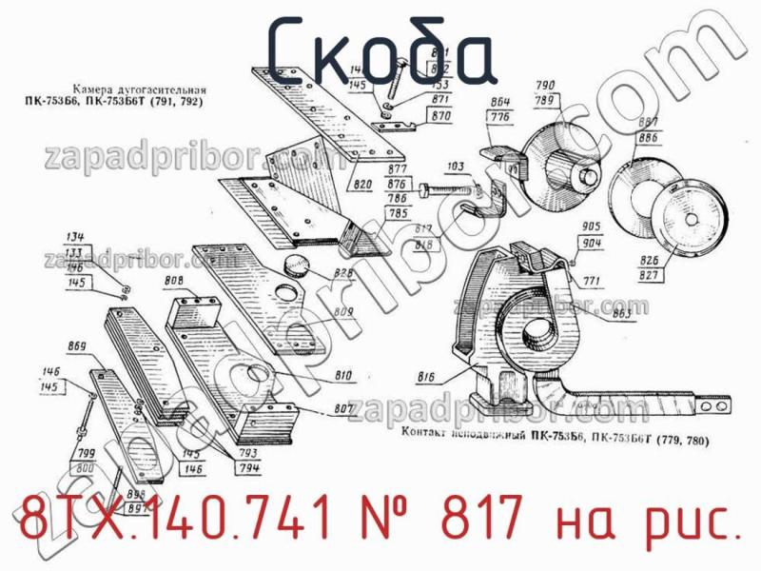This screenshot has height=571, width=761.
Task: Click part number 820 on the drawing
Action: pyautogui.click(x=362, y=184)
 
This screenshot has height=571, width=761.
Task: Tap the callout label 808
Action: pyautogui.click(x=174, y=281)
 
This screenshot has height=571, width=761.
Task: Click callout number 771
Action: pyautogui.click(x=593, y=282)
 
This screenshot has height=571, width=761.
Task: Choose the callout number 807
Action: pyautogui.click(x=344, y=410)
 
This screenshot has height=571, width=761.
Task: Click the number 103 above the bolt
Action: pyautogui.click(x=456, y=167)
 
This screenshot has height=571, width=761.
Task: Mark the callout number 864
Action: pyautogui.click(x=500, y=102)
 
